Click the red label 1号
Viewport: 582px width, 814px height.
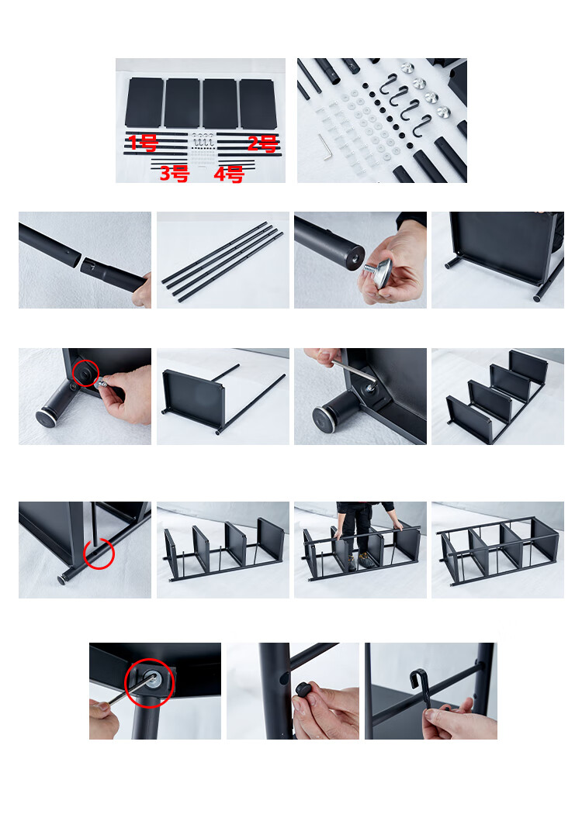142,142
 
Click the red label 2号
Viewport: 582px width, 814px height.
262,143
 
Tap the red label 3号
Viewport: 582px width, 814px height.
174,174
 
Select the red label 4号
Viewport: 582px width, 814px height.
229,174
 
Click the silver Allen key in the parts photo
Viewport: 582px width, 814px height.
324,147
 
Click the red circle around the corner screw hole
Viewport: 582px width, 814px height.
85,373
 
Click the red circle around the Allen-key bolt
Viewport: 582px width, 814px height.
149,683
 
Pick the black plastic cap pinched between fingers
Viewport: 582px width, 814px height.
303,690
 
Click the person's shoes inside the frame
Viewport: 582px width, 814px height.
359,561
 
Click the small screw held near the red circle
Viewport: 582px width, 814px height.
102,385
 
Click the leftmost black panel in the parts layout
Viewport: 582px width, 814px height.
144,102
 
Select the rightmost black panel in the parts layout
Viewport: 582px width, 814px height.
258,104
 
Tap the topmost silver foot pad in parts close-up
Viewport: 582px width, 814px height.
407,67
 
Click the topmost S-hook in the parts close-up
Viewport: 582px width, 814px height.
388,83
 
